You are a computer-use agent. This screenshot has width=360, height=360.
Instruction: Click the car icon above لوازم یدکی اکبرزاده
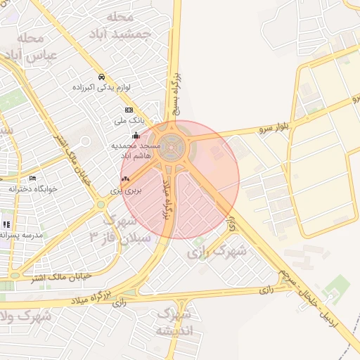102,77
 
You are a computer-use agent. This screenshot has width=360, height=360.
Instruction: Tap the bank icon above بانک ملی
129,110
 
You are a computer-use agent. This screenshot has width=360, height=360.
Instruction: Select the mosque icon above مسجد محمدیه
135,136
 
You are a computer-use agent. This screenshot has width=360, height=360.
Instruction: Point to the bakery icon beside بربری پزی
125,180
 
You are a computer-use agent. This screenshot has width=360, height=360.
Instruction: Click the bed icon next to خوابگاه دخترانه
33,179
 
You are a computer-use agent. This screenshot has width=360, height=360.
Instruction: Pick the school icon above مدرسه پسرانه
6,224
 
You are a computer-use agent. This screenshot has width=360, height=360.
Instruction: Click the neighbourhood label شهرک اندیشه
174,322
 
